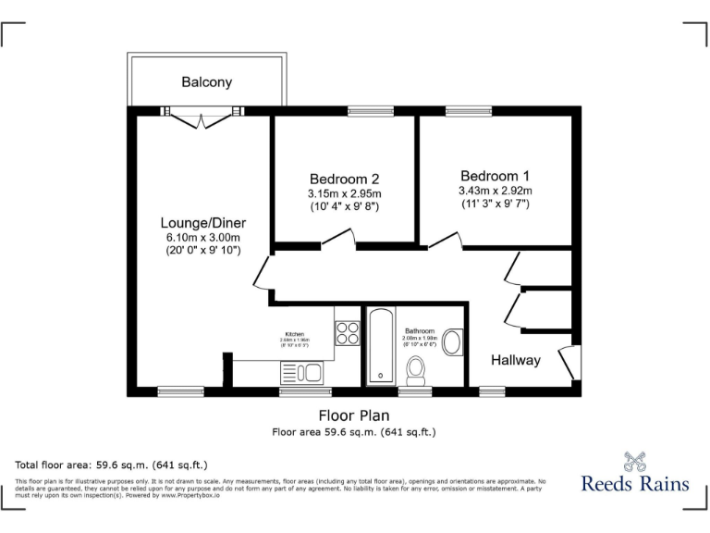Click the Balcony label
pyautogui.click(x=206, y=82)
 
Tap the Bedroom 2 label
pyautogui.click(x=344, y=179)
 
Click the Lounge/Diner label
pyautogui.click(x=203, y=223)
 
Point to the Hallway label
pyautogui.click(x=515, y=360)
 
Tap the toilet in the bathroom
pyautogui.click(x=416, y=371)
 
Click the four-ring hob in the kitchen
pyautogui.click(x=348, y=332)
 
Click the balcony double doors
pyautogui.click(x=202, y=117)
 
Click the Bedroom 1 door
pyautogui.click(x=443, y=242)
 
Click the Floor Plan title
pyautogui.click(x=354, y=415)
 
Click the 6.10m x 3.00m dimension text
pyautogui.click(x=203, y=238)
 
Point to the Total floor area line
pyautogui.click(x=112, y=464)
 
